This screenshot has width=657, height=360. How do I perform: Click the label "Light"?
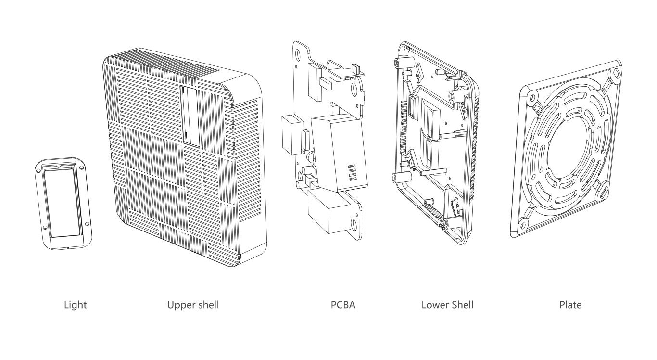point(76,305)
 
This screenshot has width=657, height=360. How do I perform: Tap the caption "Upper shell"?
point(193,305)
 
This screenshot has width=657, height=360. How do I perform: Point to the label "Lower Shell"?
point(447,305)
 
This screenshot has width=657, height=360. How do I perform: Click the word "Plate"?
point(571,305)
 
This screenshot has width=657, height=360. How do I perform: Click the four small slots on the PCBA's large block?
point(349,172)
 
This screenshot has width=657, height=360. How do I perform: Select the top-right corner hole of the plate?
point(616,75)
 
